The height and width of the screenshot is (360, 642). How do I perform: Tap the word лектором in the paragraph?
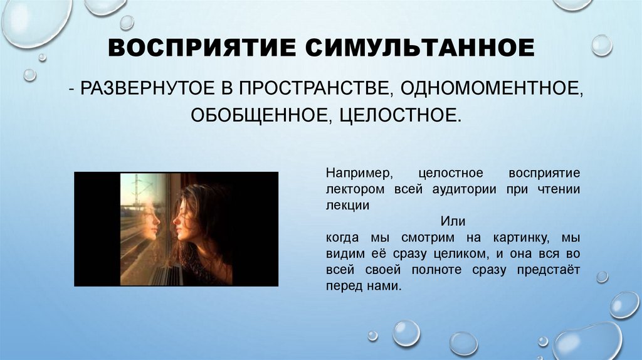point(349,189)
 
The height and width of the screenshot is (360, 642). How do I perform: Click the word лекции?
point(347,205)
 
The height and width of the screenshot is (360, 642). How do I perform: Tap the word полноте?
point(433,270)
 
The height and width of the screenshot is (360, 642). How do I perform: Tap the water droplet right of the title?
point(601,45)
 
